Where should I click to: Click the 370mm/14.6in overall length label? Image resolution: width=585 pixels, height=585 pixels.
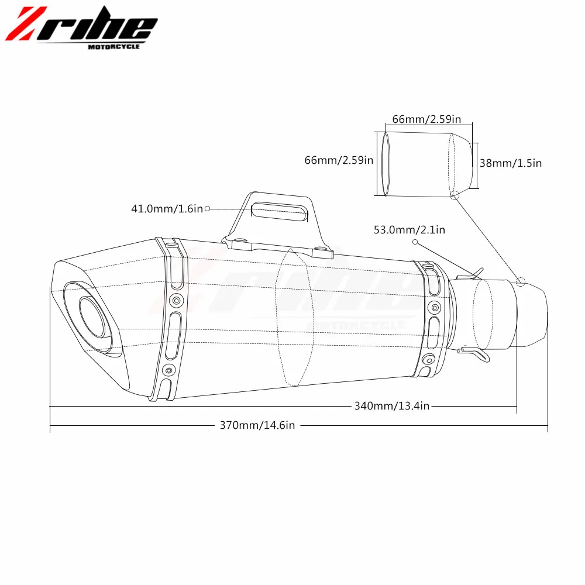tap(257, 425)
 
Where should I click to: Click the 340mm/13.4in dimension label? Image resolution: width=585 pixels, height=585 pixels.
tap(392, 406)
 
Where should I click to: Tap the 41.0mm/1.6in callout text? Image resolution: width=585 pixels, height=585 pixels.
tap(167, 209)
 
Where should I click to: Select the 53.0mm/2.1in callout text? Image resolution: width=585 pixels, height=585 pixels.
tap(409, 230)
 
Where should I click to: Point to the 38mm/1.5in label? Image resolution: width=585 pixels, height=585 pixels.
tap(510, 163)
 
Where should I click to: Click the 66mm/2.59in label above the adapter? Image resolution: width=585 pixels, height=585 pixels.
tap(426, 119)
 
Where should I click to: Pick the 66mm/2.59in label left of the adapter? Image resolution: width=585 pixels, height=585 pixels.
tap(339, 160)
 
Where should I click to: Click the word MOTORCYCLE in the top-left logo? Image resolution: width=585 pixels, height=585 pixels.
tap(114, 47)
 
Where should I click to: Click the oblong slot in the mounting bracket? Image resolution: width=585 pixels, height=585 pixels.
tap(280, 211)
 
